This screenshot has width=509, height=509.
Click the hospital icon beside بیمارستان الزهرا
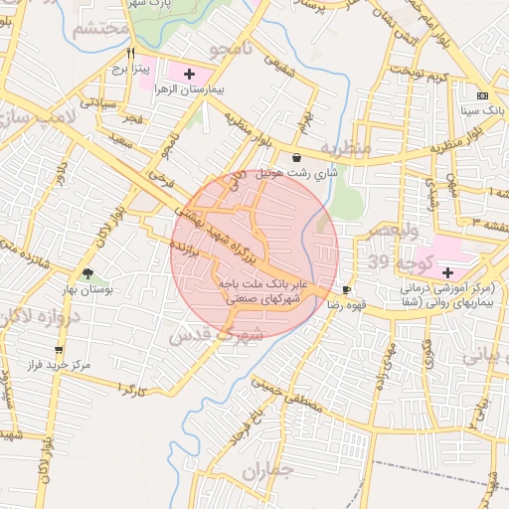190,73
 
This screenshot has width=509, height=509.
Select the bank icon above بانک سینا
482,95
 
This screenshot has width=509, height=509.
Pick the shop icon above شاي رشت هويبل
297,156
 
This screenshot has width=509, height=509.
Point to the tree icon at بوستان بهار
88,273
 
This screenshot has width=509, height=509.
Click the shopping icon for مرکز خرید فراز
59,350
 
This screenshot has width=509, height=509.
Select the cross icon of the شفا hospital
446,272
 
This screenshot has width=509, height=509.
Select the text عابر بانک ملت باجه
260,283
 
